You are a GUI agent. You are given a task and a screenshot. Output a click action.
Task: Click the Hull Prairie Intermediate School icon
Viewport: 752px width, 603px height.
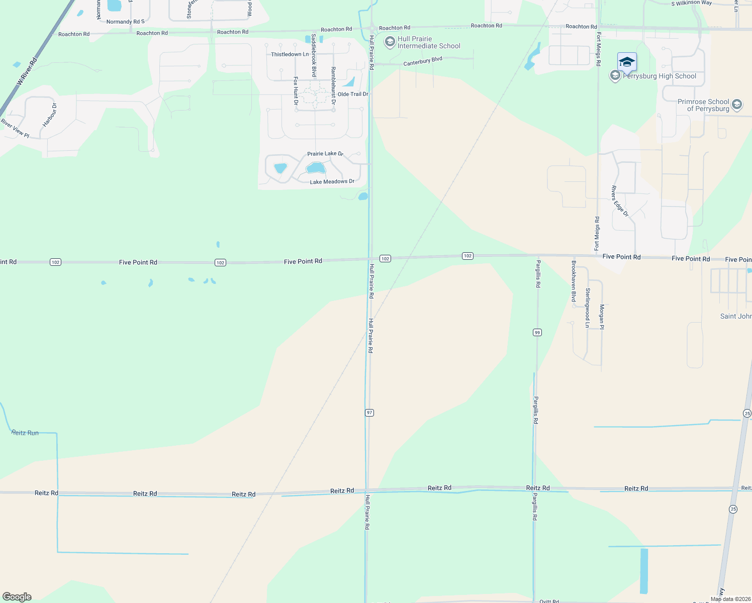point(390,42)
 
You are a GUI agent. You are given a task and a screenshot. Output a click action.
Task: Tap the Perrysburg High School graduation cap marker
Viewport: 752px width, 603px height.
point(627,62)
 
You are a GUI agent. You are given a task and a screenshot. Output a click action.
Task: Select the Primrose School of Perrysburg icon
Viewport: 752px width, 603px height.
point(737,105)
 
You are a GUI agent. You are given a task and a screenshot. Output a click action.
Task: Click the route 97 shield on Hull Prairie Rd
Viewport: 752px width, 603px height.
point(369,413)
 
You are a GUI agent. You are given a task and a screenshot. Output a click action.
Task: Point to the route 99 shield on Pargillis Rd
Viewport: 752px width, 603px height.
point(537,333)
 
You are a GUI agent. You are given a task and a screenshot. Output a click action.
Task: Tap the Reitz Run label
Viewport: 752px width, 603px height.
point(25,433)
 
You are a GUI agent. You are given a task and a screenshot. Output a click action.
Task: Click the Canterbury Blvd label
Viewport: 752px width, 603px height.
point(423,61)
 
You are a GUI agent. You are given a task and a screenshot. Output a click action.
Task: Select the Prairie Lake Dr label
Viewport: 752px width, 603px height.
point(325,154)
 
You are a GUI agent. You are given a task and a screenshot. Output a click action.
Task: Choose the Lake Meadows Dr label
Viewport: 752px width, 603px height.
point(332,181)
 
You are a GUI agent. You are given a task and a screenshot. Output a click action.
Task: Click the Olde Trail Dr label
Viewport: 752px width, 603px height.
point(353,94)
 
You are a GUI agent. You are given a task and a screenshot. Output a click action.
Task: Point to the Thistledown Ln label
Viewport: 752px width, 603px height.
point(290,54)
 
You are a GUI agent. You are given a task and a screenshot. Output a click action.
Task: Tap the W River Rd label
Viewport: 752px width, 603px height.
point(27,72)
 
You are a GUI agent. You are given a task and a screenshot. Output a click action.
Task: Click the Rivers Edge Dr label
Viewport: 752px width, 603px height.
point(620,201)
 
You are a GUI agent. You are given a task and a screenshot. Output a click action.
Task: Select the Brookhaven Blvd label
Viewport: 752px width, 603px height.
point(574,281)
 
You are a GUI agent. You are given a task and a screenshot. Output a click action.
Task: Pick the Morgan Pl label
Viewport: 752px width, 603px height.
point(602,317)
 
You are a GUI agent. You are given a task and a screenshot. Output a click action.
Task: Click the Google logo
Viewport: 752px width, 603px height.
point(17,597)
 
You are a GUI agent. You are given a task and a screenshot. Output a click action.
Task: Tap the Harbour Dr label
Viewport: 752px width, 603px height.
point(50,115)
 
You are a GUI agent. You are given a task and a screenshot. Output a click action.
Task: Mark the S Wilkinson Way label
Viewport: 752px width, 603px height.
point(692,3)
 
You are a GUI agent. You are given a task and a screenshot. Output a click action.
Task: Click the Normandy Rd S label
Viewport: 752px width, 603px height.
point(125,22)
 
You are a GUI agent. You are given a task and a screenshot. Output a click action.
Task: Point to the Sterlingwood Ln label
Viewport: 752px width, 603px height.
point(587,308)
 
